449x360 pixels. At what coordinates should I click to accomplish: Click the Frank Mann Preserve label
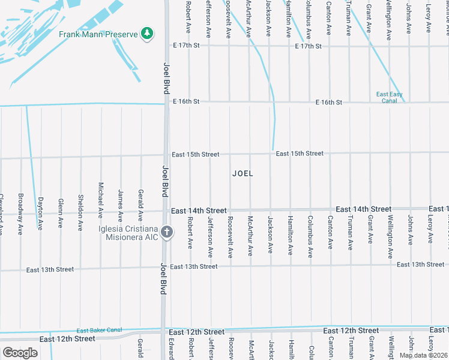(98, 34)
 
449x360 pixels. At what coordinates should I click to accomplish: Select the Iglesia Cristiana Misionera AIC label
(129, 233)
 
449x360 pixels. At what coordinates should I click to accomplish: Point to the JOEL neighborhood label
(243, 173)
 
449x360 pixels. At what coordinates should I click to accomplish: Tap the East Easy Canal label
(390, 97)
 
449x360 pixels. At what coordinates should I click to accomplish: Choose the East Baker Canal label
(99, 331)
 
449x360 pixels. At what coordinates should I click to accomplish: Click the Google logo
(20, 352)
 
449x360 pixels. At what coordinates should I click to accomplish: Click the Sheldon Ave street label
(80, 212)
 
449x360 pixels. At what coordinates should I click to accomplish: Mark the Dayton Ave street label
(41, 214)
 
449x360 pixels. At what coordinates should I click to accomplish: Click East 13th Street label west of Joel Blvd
(50, 270)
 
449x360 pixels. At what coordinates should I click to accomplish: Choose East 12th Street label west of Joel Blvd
(67, 339)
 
